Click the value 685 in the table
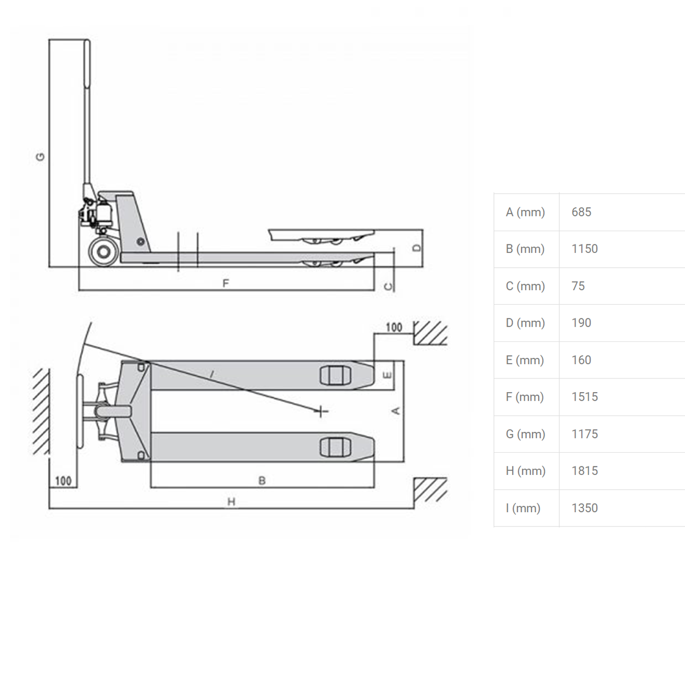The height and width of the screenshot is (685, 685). tap(581, 212)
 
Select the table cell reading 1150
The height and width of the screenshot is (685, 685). tap(585, 249)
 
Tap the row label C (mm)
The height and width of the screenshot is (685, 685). tap(525, 286)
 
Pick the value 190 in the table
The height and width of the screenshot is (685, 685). tap(581, 323)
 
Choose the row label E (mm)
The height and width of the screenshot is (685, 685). tap(525, 360)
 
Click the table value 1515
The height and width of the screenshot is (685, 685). tap(585, 397)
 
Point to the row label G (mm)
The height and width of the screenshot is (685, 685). tap(525, 434)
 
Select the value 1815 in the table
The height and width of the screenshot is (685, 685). tap(585, 470)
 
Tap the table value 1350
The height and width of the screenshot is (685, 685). tap(585, 508)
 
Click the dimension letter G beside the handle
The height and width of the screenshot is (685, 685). tap(40, 157)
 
